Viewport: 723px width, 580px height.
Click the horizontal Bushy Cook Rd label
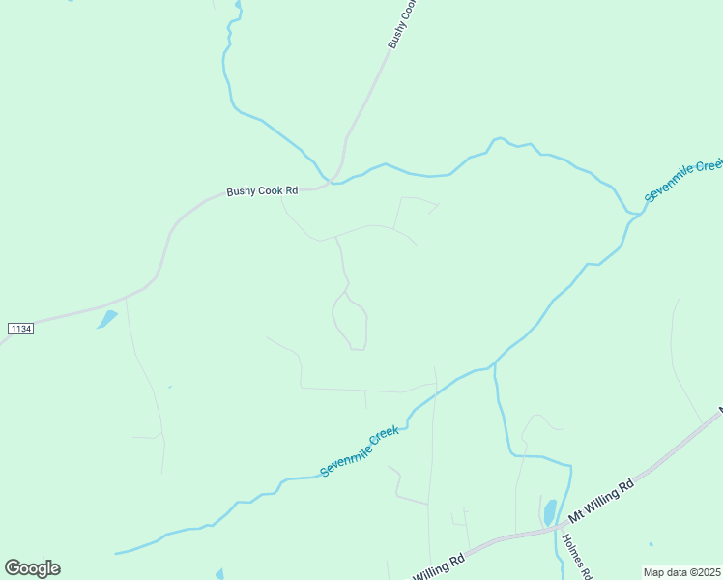[262, 191]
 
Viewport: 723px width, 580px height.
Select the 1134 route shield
[20, 330]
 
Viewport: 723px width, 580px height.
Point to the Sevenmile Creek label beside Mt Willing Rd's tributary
[360, 451]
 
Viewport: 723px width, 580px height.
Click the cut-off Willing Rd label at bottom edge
[440, 566]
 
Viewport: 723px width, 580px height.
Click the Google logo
[32, 567]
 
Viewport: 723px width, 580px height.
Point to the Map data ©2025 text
[681, 572]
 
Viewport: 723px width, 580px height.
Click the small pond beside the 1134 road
[106, 319]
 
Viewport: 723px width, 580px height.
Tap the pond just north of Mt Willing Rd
[549, 512]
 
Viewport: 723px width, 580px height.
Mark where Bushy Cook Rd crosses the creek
[333, 180]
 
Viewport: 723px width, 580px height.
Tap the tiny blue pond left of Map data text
[651, 544]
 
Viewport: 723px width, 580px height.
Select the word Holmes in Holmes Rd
[571, 550]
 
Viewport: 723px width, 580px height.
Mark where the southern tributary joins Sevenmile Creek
[494, 365]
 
